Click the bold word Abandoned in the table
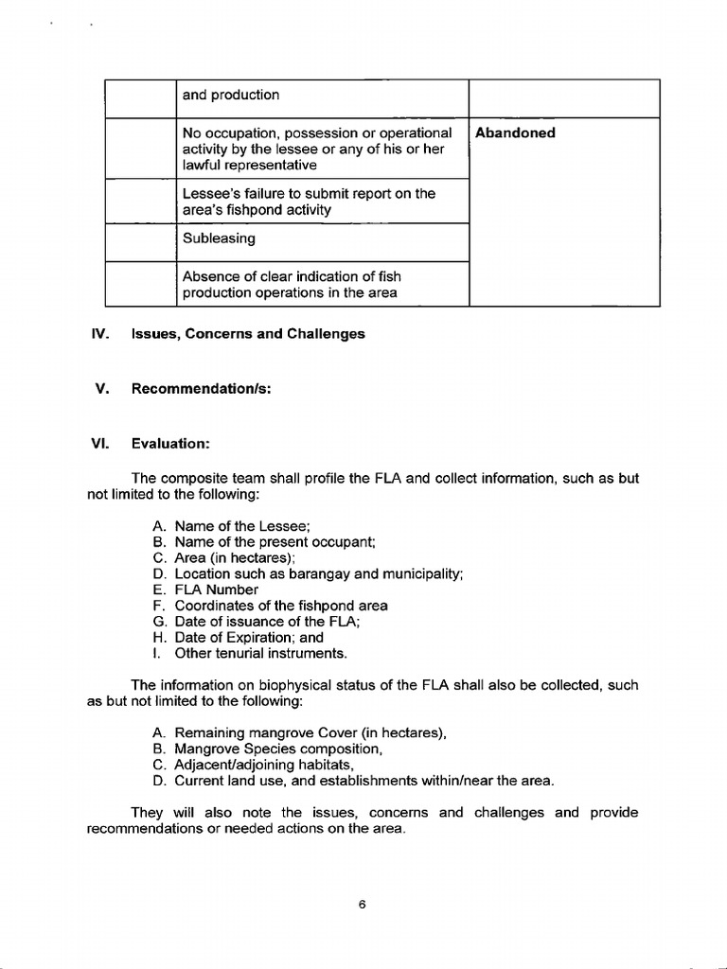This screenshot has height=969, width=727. click(x=515, y=133)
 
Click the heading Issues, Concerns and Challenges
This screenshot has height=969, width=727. click(x=248, y=334)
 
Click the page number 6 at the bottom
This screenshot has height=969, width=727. click(x=363, y=904)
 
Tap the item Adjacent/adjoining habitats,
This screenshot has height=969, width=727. click(x=264, y=765)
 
